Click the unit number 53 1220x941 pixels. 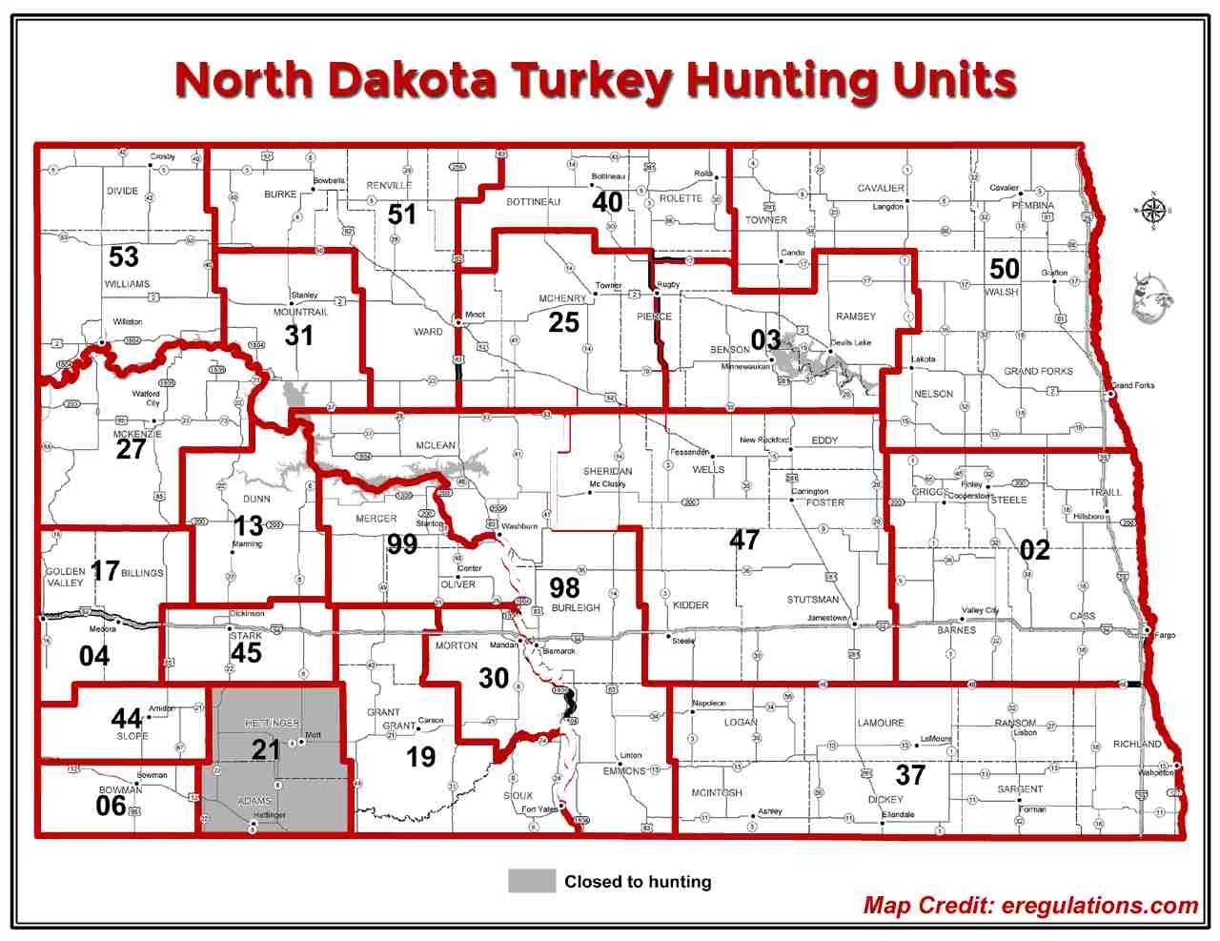click(124, 256)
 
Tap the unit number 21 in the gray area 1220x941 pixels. click(266, 749)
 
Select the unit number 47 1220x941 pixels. click(744, 540)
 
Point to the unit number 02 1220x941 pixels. click(1034, 549)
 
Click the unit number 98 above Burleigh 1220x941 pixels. click(565, 585)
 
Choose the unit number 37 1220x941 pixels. click(910, 774)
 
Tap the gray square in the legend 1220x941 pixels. click(532, 881)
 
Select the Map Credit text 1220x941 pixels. click(1030, 906)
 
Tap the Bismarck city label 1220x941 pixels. click(558, 651)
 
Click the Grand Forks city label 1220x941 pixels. click(1133, 385)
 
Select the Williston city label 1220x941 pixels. click(128, 322)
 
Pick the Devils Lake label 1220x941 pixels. click(850, 343)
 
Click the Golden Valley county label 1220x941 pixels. click(65, 578)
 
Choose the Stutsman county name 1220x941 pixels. click(812, 600)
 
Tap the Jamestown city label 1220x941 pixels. click(825, 618)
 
